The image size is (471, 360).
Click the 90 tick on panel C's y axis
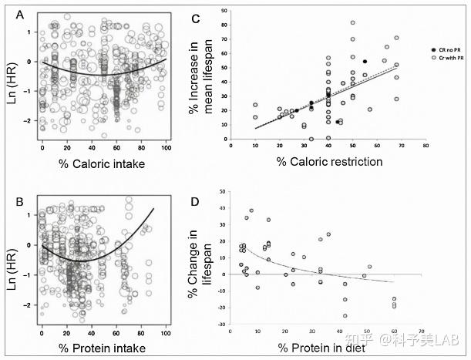point(222,11)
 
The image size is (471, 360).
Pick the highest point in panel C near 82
point(353,23)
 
